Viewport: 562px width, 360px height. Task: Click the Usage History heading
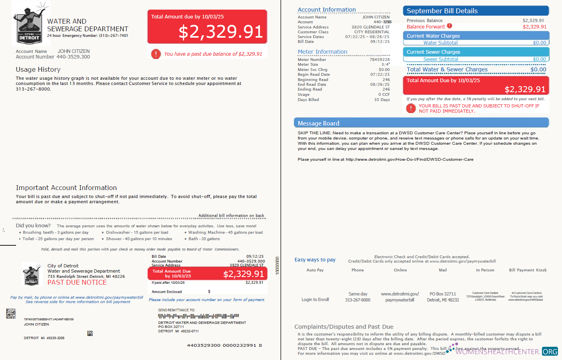coord(38,69)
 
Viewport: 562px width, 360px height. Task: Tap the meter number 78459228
coord(379,60)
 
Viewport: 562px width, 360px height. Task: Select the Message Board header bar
coord(421,123)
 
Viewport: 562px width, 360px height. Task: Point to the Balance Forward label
coord(425,27)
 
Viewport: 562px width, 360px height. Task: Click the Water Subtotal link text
coord(440,43)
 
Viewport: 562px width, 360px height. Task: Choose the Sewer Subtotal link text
coord(440,59)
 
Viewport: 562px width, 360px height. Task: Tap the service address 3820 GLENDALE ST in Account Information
coord(370,27)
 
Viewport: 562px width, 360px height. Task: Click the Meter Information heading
coord(322,52)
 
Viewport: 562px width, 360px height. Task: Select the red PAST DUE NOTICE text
coord(77,282)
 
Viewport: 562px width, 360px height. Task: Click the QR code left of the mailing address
coord(11,313)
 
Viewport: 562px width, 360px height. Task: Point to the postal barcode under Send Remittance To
coord(198,316)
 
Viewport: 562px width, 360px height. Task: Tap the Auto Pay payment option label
coord(315,270)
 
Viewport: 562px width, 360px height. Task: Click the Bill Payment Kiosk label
coord(528,270)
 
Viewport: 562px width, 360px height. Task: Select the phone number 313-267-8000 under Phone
coord(357,300)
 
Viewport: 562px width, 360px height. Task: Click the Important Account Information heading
coord(66,188)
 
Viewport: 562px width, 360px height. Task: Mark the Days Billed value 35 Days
coord(382,100)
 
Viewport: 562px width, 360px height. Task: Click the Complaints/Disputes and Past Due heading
coord(344,327)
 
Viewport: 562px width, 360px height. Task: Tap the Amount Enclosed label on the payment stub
coord(166,292)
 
